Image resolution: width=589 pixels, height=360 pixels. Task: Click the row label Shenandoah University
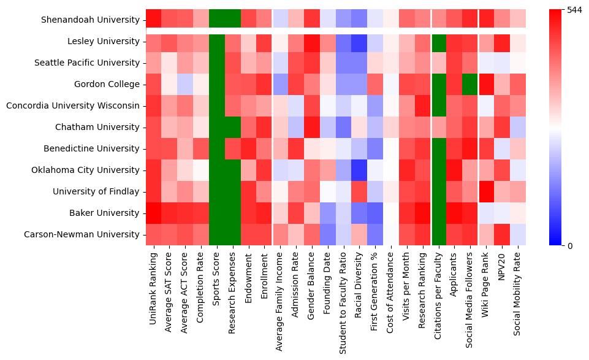[90, 20]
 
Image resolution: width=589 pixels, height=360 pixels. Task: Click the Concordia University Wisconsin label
[73, 105]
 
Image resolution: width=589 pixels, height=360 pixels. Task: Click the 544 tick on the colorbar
[575, 10]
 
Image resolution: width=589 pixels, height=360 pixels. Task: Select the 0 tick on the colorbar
[570, 245]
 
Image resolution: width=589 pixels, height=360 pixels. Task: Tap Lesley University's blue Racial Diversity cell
[359, 41]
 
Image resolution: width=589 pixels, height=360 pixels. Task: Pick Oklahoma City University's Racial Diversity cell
[359, 170]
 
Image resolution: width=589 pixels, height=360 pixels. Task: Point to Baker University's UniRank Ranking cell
[153, 213]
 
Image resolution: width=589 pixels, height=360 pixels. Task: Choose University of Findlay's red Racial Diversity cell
[359, 191]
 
